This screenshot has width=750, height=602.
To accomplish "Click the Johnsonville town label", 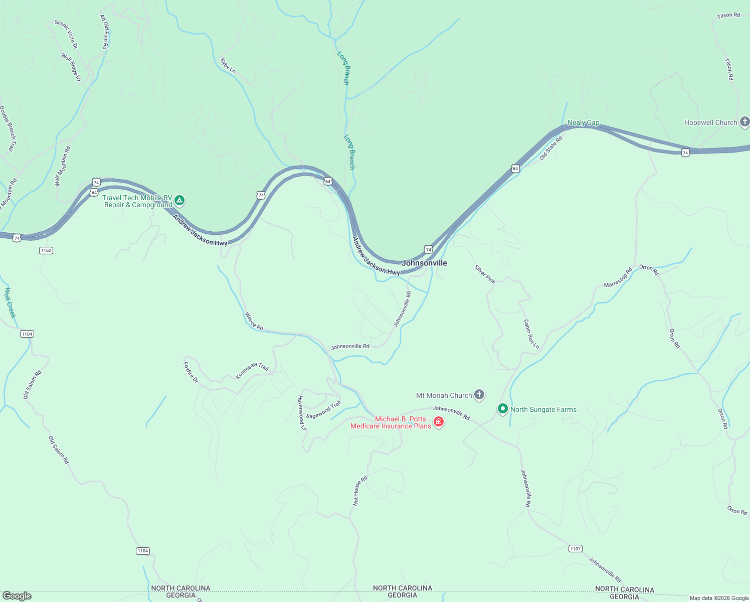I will (424, 263).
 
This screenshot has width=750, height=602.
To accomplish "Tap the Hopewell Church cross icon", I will (744, 122).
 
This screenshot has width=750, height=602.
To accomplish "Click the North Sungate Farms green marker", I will (502, 409).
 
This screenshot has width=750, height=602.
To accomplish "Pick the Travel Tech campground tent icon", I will (179, 201).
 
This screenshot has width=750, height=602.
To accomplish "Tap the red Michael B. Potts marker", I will (439, 422).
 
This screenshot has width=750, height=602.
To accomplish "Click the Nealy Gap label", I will (583, 123).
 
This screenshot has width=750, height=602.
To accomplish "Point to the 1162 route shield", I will (46, 250).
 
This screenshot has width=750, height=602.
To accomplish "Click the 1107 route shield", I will (575, 549).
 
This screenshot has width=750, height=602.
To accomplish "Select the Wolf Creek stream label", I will (10, 303).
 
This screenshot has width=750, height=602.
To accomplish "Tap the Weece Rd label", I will (254, 321).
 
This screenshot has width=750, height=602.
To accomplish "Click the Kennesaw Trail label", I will (252, 370).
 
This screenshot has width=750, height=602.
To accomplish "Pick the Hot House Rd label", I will (360, 491).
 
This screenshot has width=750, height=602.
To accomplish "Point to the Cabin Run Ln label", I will (531, 334).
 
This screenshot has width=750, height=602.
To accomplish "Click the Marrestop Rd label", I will (618, 278).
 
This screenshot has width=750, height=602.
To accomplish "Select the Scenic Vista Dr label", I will (66, 34).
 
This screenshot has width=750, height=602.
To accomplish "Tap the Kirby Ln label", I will (228, 65).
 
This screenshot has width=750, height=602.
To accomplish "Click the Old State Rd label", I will (551, 148).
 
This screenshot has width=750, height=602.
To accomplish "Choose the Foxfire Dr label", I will (191, 372).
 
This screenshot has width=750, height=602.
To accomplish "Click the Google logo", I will (17, 596).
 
